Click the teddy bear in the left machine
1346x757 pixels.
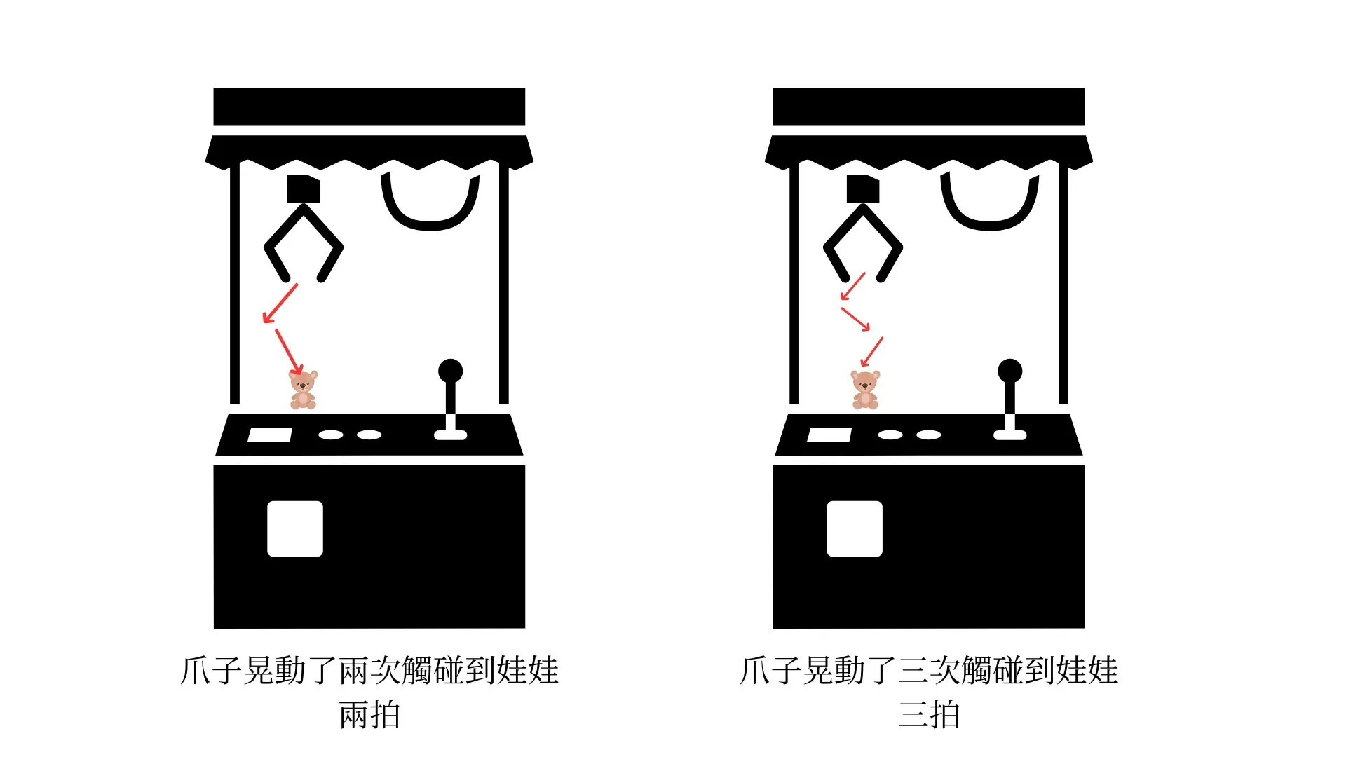[303, 390]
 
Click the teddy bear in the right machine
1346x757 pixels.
[865, 390]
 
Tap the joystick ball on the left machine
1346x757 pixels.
[450, 371]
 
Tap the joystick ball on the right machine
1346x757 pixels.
[1009, 371]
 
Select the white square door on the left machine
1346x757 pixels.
[295, 528]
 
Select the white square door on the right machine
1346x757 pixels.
[855, 528]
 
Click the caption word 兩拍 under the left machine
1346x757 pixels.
[369, 716]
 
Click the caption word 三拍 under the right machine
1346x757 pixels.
[929, 716]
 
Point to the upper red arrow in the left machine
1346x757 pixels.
[280, 304]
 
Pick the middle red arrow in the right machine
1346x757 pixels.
[855, 319]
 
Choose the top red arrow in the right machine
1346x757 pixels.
[853, 286]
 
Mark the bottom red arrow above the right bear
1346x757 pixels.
[871, 352]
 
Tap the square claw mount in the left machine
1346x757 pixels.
[303, 189]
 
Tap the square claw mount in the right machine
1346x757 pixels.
[862, 189]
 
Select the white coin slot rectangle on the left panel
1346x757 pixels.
[270, 435]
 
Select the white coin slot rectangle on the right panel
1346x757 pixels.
[829, 435]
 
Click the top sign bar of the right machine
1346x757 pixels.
[928, 107]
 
